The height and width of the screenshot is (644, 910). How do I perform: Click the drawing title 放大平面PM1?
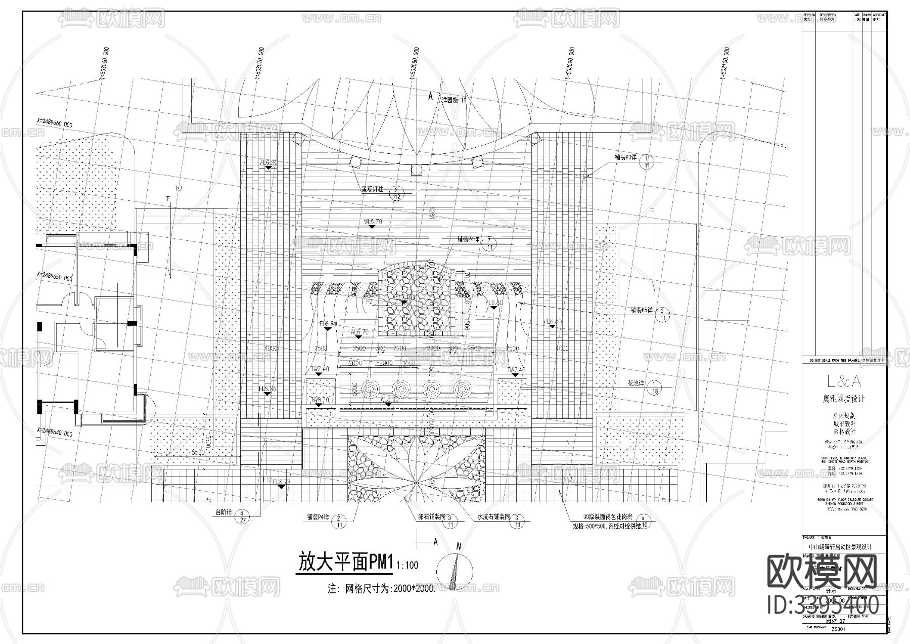click(x=345, y=563)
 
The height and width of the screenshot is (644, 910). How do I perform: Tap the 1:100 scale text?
click(x=407, y=565)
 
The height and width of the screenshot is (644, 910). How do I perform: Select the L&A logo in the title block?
click(x=843, y=381)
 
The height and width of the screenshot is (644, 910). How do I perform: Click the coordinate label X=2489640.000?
click(x=55, y=433)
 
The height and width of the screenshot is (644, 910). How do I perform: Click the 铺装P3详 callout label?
click(x=624, y=158)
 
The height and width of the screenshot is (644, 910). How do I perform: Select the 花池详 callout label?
click(x=635, y=384)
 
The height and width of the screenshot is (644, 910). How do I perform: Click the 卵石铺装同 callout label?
click(x=431, y=518)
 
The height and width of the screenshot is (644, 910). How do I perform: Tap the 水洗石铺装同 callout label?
click(x=494, y=518)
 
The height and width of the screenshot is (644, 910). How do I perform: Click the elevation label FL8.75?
click(x=282, y=482)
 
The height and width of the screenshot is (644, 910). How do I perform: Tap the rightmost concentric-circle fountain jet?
click(x=462, y=389)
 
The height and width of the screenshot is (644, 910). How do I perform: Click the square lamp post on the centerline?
click(x=416, y=169)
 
